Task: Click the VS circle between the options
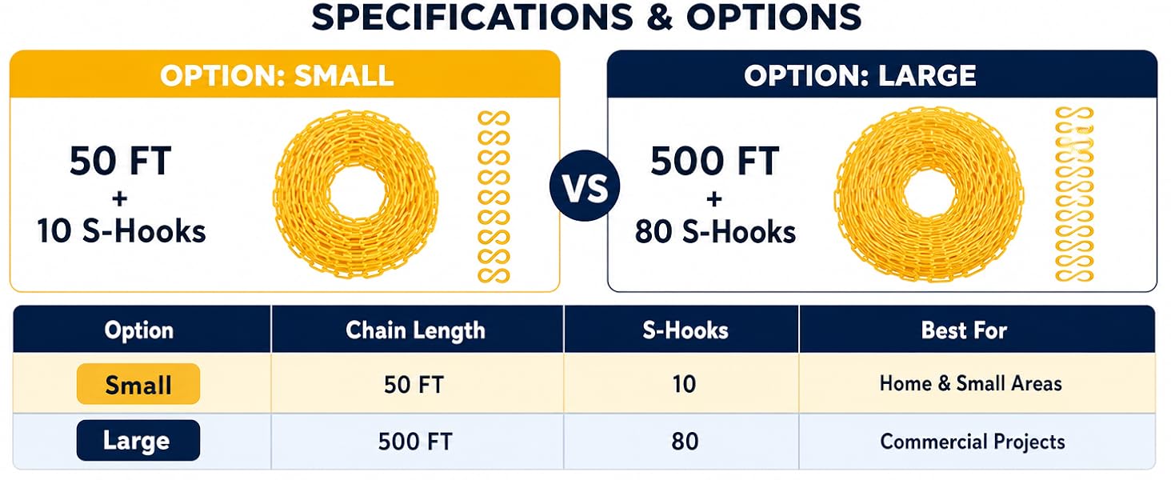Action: pyautogui.click(x=585, y=186)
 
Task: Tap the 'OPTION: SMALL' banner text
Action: pyautogui.click(x=277, y=76)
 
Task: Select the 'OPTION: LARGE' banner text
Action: pyautogui.click(x=860, y=76)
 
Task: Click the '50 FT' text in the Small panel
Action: pyautogui.click(x=120, y=161)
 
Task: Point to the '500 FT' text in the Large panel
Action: pyautogui.click(x=714, y=161)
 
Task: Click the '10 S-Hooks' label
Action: pyautogui.click(x=122, y=230)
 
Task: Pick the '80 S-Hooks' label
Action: pyautogui.click(x=715, y=231)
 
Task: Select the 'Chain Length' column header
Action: pyautogui.click(x=416, y=330)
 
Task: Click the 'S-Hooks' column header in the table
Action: pyautogui.click(x=685, y=330)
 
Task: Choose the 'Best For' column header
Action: pyautogui.click(x=964, y=330)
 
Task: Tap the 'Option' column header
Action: pyautogui.click(x=138, y=330)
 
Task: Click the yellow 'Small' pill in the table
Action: pyautogui.click(x=138, y=384)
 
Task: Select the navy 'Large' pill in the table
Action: pyautogui.click(x=138, y=440)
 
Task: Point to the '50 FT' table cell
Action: pyautogui.click(x=414, y=384)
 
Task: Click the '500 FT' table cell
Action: pyautogui.click(x=415, y=442)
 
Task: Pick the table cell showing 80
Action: pyautogui.click(x=685, y=442)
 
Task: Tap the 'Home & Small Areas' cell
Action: pyautogui.click(x=971, y=383)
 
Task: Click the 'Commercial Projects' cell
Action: pyautogui.click(x=973, y=442)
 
